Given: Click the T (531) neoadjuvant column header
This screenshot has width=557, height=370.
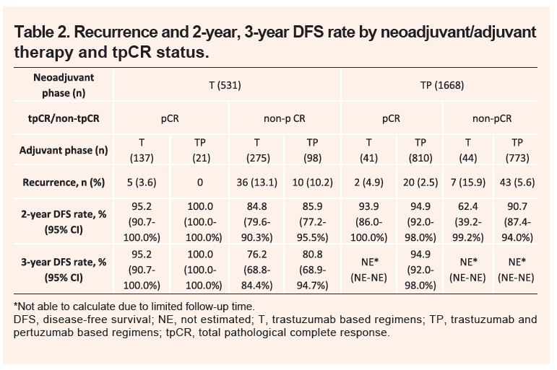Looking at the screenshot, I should coord(226,84).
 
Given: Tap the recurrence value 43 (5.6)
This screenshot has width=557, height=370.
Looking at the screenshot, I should coord(517,182).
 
